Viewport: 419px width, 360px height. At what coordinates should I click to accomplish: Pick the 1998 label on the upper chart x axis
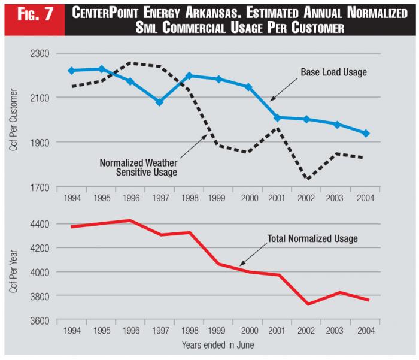(x=189, y=199)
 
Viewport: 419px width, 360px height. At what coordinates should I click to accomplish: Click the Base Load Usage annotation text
(x=333, y=72)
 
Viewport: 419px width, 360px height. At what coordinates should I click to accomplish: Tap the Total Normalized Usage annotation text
(x=312, y=238)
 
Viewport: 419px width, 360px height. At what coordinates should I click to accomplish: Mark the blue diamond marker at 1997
(x=159, y=102)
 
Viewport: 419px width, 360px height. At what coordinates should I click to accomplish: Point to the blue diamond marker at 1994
(x=71, y=71)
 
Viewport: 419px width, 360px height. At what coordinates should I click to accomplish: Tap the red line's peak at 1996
(x=130, y=220)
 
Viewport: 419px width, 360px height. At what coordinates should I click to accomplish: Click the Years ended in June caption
(x=218, y=345)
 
